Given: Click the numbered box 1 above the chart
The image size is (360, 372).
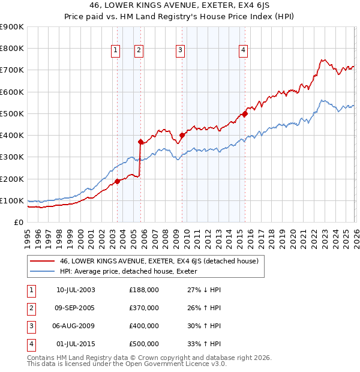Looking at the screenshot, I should coord(115,51).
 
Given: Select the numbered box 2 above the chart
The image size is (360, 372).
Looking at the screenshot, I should coord(139,51).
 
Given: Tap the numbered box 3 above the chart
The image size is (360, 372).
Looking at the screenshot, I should coord(180,51).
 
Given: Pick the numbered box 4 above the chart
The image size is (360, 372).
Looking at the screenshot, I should coord(243,51).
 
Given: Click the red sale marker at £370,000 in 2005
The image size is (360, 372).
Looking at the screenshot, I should coord(141,142).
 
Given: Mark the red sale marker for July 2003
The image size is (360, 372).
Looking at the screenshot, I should coord(118,181).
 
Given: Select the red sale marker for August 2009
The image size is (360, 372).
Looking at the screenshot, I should coord(182,136).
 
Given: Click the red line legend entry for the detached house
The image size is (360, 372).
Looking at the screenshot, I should coord(159,261).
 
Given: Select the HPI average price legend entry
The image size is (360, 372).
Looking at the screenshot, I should coord(133,272).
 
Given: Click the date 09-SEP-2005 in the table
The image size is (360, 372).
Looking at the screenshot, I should coord(76,308).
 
